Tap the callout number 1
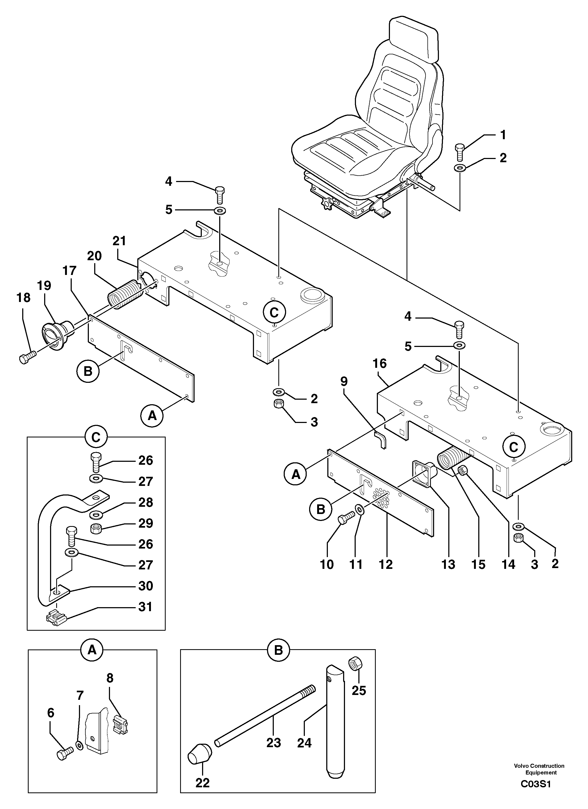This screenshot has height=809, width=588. [503, 135]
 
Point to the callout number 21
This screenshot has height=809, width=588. [119, 241]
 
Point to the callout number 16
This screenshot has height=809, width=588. [380, 364]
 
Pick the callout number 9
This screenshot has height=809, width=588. [344, 382]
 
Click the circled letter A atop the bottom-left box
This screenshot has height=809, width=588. [92, 650]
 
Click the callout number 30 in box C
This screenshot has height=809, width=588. [146, 586]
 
